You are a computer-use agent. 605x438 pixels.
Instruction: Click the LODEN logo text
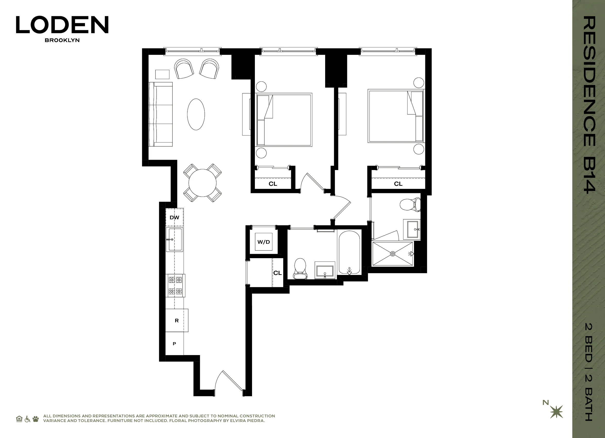(62, 25)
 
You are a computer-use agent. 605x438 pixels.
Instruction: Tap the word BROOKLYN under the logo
(62, 40)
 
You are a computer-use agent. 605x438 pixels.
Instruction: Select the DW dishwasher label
(175, 217)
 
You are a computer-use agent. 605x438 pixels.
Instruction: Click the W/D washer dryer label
(264, 242)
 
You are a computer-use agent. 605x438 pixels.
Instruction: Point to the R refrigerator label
(177, 321)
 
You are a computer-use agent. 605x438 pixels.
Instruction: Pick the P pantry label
(175, 344)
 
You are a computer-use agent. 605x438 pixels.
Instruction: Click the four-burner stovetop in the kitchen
(175, 285)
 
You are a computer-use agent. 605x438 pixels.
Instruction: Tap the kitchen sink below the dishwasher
(175, 239)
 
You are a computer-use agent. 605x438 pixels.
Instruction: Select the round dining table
(202, 183)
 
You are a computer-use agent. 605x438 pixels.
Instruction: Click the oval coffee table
(196, 114)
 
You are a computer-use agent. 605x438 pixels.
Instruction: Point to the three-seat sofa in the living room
(161, 114)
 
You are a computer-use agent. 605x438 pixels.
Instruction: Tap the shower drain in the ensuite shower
(392, 254)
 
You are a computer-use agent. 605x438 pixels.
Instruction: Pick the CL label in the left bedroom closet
(273, 184)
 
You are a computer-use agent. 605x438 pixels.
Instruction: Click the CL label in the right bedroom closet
(398, 184)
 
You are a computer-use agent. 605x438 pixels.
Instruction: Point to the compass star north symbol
(556, 412)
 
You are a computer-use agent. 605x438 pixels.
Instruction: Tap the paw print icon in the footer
(36, 419)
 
